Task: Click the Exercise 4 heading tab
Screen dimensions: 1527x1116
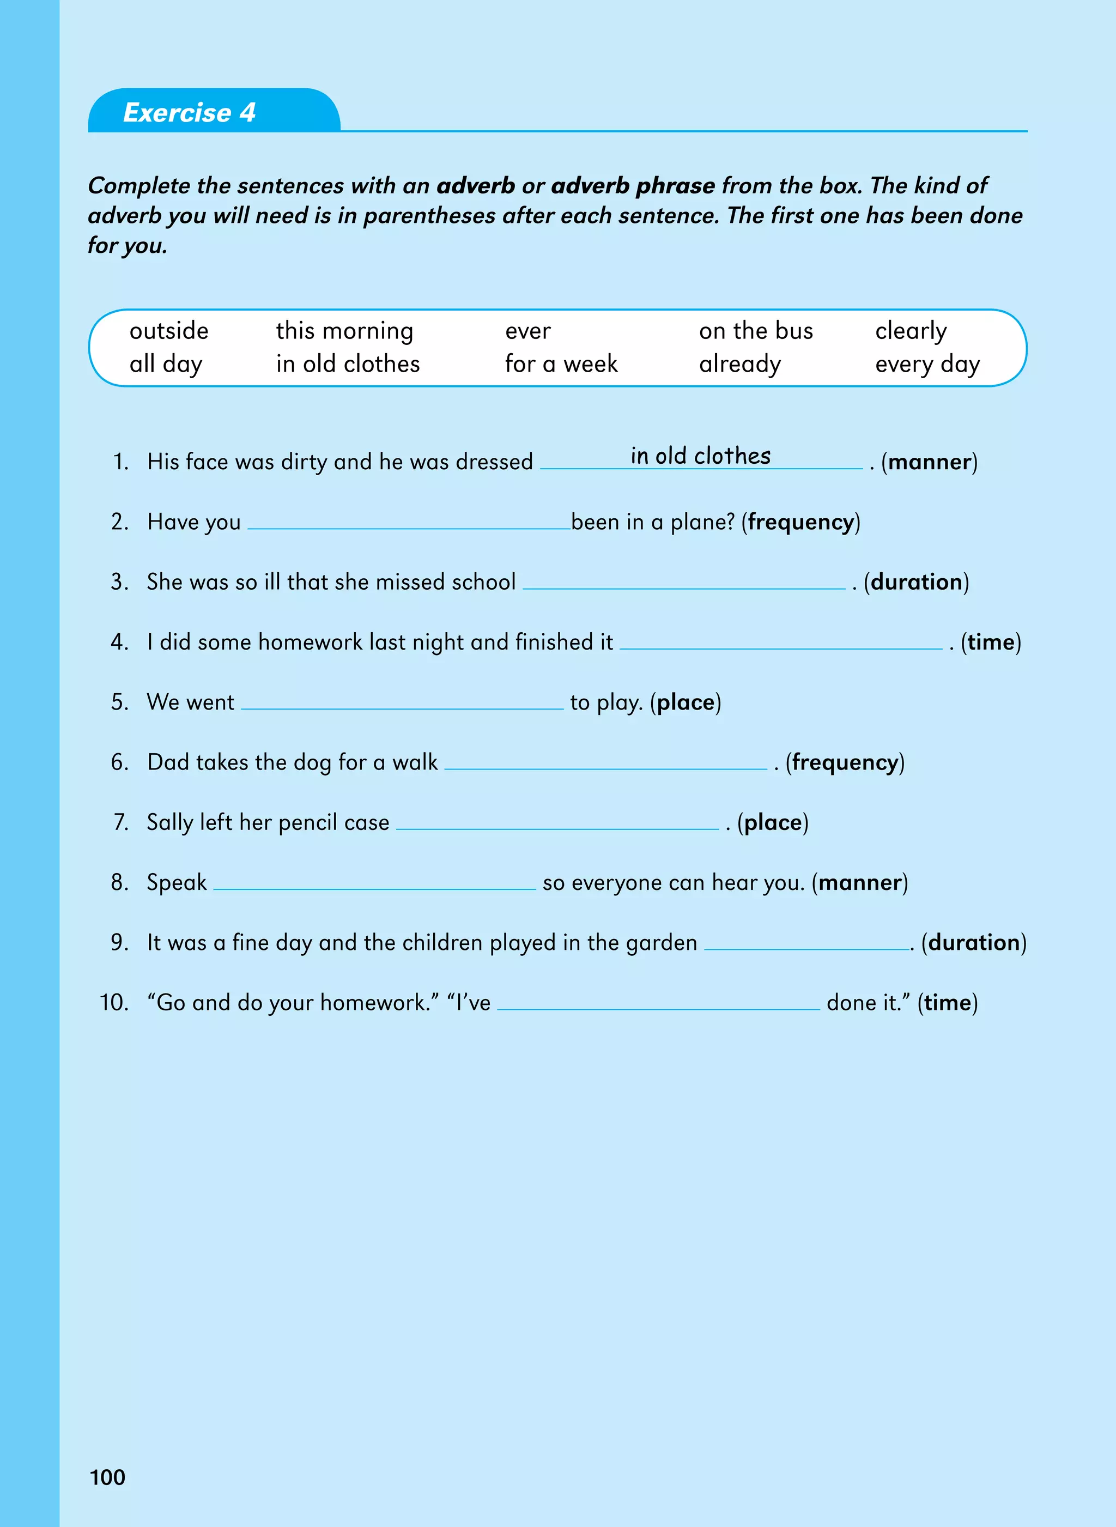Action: pyautogui.click(x=190, y=112)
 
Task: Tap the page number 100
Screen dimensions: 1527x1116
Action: pyautogui.click(x=107, y=1477)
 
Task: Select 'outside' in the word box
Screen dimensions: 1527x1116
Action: pyautogui.click(x=169, y=331)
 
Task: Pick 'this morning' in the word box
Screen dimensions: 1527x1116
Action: pyautogui.click(x=344, y=331)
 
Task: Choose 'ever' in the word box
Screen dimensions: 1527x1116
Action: pyautogui.click(x=527, y=332)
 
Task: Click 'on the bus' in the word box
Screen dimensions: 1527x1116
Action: pyautogui.click(x=756, y=331)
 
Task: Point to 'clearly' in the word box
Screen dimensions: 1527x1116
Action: pyautogui.click(x=911, y=331)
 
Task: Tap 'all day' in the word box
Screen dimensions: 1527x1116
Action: pyautogui.click(x=166, y=364)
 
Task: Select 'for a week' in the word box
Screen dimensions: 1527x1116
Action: pyautogui.click(x=561, y=364)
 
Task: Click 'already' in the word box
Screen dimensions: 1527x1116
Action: pyautogui.click(x=739, y=364)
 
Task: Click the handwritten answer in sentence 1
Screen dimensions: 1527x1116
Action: pyautogui.click(x=701, y=456)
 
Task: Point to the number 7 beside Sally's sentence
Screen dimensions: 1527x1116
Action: pyautogui.click(x=121, y=822)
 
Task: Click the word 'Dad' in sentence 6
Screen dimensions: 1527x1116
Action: pyautogui.click(x=164, y=762)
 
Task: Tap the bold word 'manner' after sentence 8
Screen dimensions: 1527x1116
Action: pyautogui.click(x=860, y=882)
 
